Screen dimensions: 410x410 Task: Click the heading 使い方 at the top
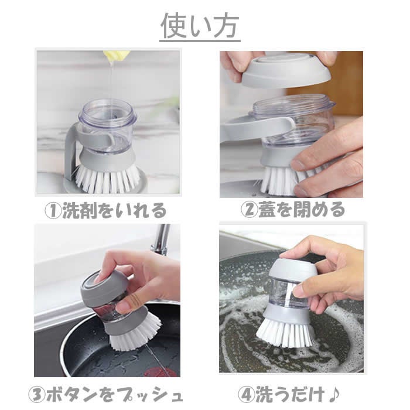click(x=200, y=26)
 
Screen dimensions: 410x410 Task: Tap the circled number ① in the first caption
click(x=53, y=211)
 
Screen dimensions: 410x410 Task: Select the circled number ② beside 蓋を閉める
click(x=250, y=210)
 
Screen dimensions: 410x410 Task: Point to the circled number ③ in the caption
click(x=37, y=395)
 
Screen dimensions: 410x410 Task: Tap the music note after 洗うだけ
click(x=333, y=394)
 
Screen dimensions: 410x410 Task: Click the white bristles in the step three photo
click(x=135, y=333)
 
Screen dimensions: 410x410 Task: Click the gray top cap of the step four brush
click(x=293, y=269)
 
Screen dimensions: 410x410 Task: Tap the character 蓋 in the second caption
click(x=267, y=210)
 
